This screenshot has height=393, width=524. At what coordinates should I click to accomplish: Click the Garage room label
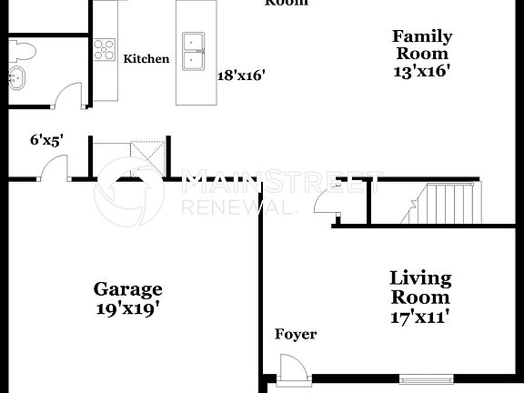[128, 289]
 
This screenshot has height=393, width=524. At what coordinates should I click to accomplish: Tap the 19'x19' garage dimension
[128, 307]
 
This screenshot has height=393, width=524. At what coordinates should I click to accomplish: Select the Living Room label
[420, 287]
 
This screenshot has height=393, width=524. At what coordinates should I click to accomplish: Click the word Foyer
[296, 335]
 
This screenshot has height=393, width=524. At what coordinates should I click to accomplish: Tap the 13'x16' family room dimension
[422, 69]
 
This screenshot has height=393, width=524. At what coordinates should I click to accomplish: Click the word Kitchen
[146, 59]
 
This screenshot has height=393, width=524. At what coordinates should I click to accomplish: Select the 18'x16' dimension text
[241, 76]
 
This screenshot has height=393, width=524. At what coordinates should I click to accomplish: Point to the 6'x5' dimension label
[46, 140]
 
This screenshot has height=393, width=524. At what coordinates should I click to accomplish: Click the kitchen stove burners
[104, 48]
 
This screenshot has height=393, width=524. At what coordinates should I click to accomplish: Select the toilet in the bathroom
[20, 48]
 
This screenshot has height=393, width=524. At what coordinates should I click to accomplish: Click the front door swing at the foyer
[293, 368]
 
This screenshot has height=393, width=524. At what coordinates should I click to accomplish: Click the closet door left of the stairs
[325, 204]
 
